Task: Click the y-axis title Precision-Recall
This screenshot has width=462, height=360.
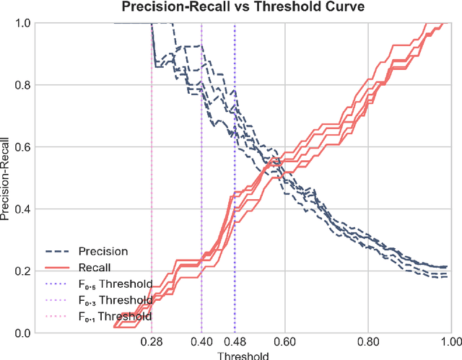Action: pyautogui.click(x=6, y=177)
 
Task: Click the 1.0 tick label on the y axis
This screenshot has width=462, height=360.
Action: pyautogui.click(x=25, y=23)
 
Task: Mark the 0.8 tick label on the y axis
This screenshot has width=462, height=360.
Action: pyautogui.click(x=25, y=85)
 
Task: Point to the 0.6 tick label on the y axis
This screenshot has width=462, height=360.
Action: pyautogui.click(x=25, y=147)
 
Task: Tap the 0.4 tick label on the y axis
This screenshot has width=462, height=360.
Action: pyautogui.click(x=25, y=209)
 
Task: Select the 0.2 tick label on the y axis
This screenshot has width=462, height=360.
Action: pyautogui.click(x=25, y=271)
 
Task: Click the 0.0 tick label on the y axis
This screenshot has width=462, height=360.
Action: pyautogui.click(x=25, y=333)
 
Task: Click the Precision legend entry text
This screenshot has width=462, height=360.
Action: pyautogui.click(x=103, y=252)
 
